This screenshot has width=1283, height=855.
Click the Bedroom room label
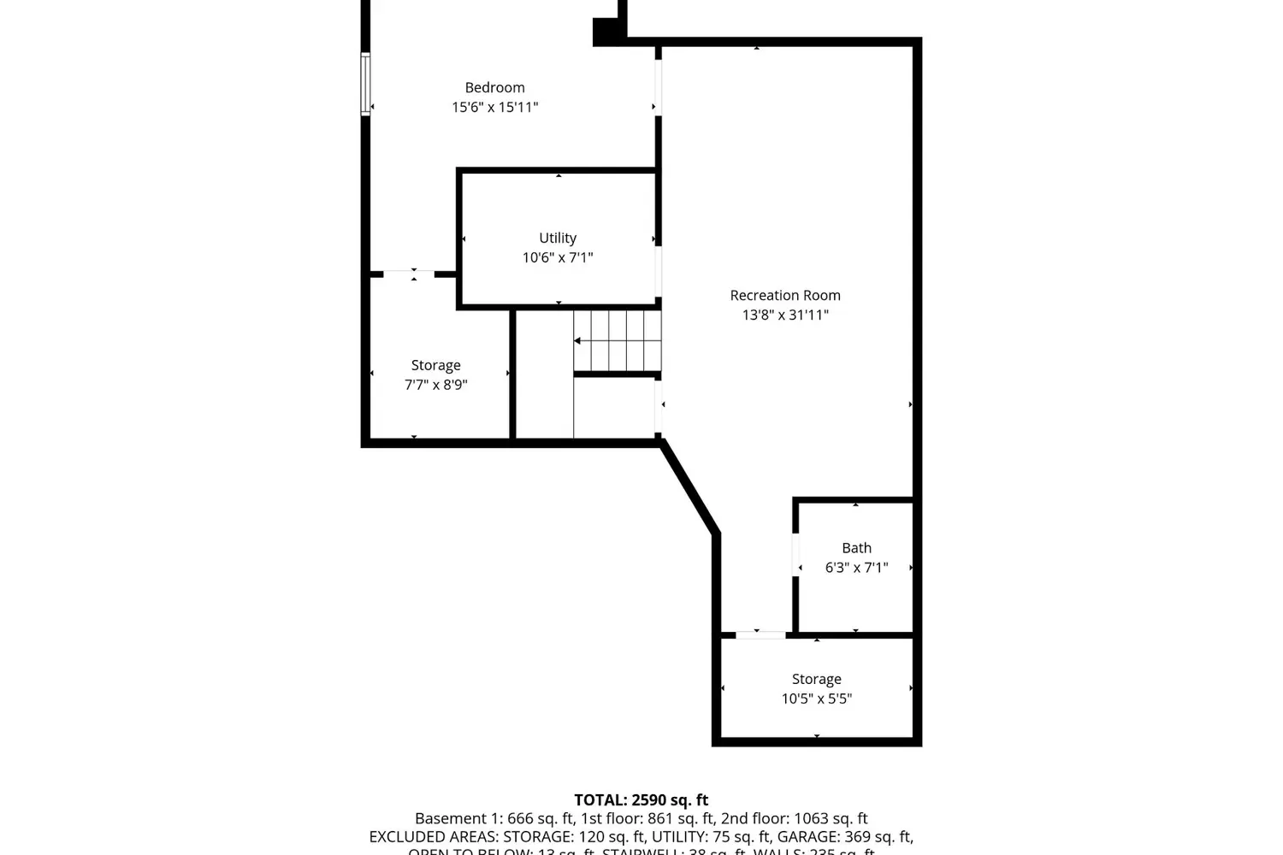coord(494,87)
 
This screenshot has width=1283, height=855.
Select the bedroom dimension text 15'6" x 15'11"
coord(494,107)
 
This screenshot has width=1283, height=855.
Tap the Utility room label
coord(558,238)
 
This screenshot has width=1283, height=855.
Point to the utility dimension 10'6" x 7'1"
coord(558,257)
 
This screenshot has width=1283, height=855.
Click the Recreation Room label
coord(785,295)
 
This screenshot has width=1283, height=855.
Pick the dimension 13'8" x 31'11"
coord(785,315)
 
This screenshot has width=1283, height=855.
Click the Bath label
coord(856,548)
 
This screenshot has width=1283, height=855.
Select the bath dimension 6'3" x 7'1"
coord(856,568)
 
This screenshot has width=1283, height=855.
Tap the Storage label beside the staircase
coord(435,365)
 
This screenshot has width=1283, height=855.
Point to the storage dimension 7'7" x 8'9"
coord(435,385)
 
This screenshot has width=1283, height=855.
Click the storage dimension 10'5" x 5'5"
coord(816,699)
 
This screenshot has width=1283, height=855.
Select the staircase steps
coord(618,340)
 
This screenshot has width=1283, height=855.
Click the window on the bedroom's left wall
coord(365,84)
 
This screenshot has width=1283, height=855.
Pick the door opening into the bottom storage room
coord(760,634)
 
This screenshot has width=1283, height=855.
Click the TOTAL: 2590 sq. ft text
coord(641,800)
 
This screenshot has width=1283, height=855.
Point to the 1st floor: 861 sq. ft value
coord(647,818)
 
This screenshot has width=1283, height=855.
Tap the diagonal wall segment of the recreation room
coord(689,487)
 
